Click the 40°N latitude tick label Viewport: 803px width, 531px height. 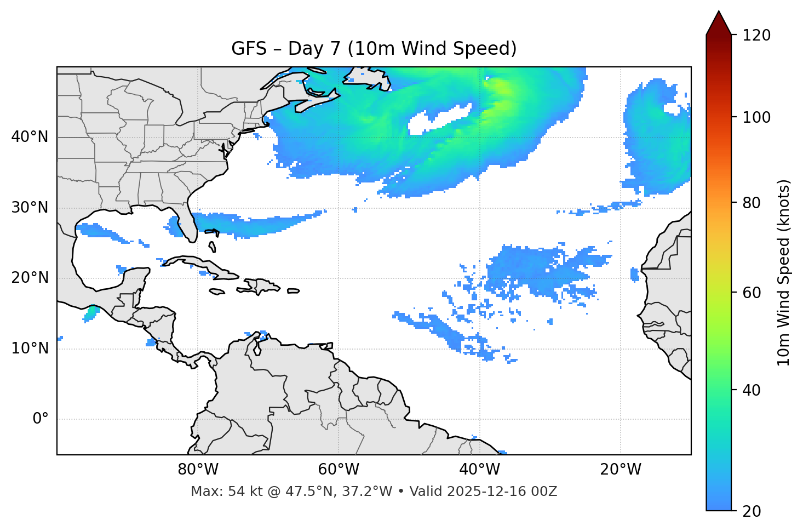[30, 137]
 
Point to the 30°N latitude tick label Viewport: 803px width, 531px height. [30, 208]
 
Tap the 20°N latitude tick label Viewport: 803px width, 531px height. [30, 278]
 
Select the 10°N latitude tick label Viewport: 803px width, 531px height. [30, 349]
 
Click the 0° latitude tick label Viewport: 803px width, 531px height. [41, 419]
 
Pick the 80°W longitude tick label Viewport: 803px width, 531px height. [198, 470]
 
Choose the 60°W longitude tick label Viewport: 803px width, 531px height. [339, 470]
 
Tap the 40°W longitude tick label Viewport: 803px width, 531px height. [479, 470]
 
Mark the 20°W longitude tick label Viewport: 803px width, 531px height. [621, 470]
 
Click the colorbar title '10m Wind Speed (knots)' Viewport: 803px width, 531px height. [784, 272]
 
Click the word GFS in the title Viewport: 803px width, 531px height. [249, 49]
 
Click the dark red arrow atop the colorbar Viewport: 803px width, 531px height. [719, 24]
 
